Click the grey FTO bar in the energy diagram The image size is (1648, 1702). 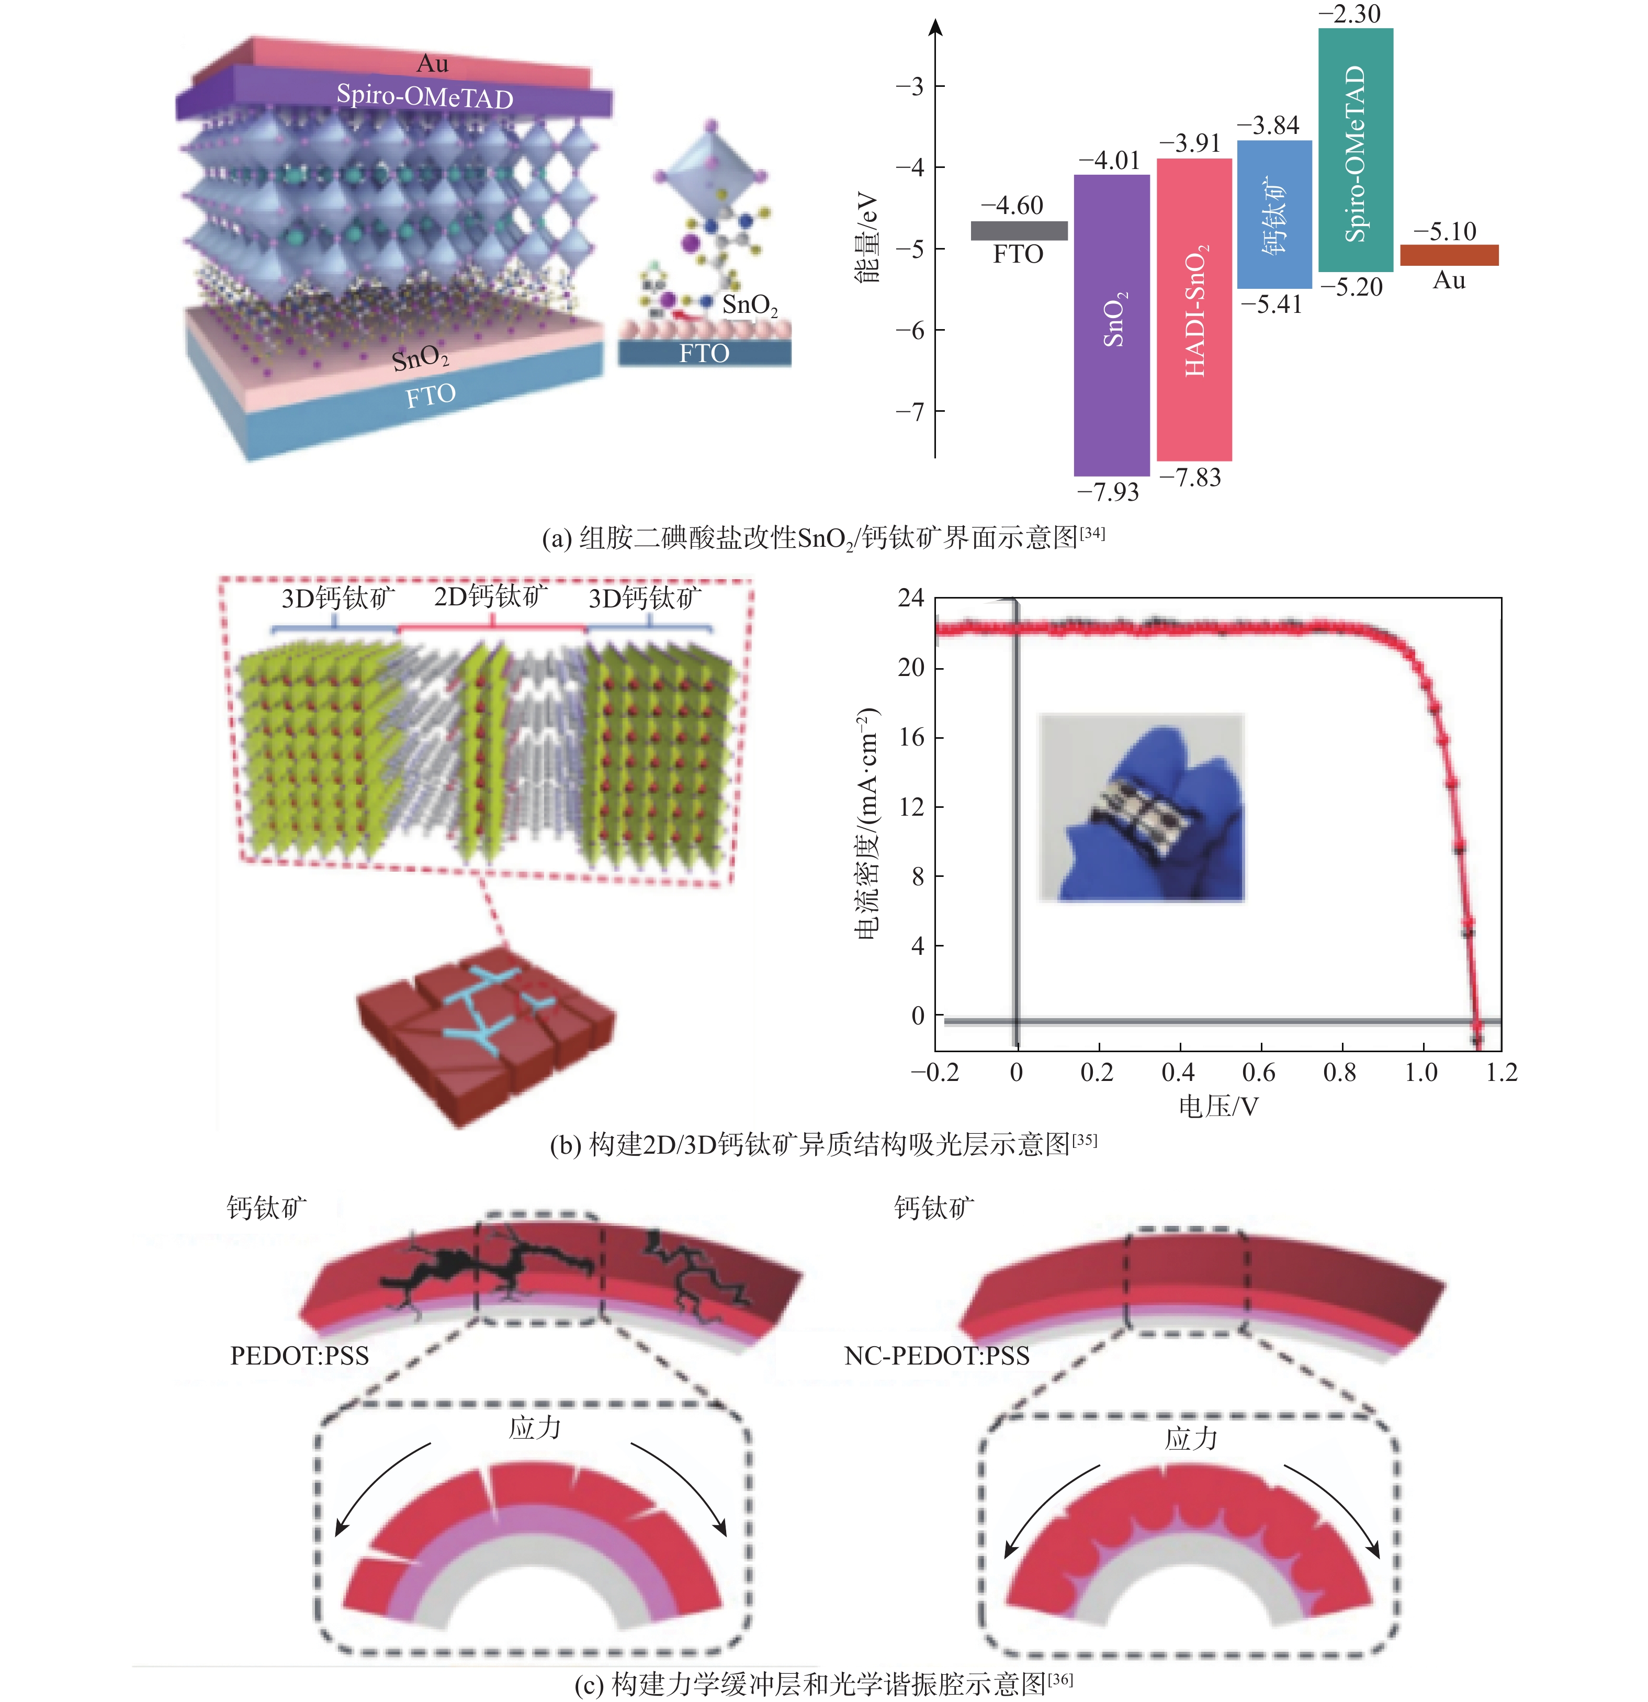tap(1019, 230)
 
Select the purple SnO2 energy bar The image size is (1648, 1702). tap(1111, 325)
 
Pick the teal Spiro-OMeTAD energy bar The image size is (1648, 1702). tap(1356, 149)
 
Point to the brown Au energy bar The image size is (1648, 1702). tap(1449, 254)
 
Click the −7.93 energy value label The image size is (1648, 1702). tap(1108, 492)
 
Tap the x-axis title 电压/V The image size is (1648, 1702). tap(1218, 1106)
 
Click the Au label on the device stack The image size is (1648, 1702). tap(433, 63)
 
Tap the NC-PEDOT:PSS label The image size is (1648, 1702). tap(937, 1356)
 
